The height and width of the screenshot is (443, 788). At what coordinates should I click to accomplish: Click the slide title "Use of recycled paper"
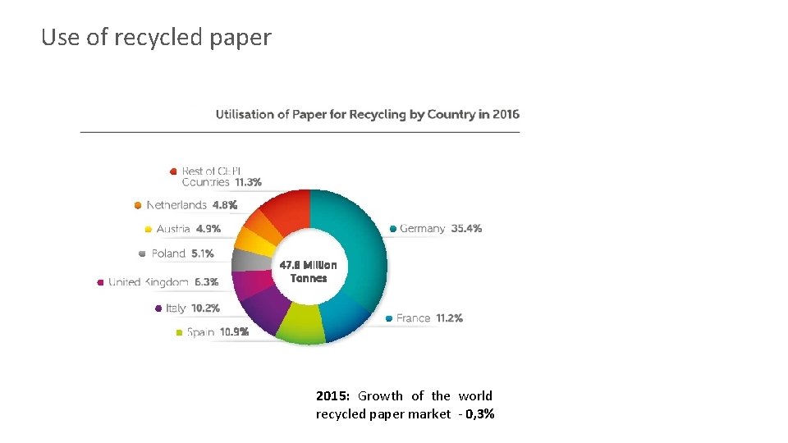coord(156,38)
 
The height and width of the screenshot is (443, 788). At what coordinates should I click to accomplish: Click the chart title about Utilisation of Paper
coord(367,114)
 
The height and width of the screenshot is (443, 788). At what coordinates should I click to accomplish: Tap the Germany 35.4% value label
coord(466,229)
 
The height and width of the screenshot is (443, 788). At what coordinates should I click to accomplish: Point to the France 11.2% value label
coord(449,318)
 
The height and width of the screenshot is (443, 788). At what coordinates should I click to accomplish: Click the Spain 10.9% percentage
coord(230,332)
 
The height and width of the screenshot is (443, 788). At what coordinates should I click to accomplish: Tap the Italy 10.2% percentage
coord(205,308)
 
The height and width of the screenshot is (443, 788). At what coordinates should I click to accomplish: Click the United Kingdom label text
coord(148,282)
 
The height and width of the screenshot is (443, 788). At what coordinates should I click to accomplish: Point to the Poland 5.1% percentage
coord(203,253)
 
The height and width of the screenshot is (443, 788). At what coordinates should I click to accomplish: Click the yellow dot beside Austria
coord(148,230)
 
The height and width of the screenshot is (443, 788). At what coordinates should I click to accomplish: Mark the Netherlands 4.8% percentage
coord(225,205)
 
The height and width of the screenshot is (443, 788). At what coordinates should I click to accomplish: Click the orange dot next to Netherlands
coord(138,205)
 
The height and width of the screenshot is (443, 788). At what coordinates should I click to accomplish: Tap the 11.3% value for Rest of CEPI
coord(248,182)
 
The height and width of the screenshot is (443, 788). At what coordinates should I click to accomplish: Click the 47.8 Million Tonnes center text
coord(308,272)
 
